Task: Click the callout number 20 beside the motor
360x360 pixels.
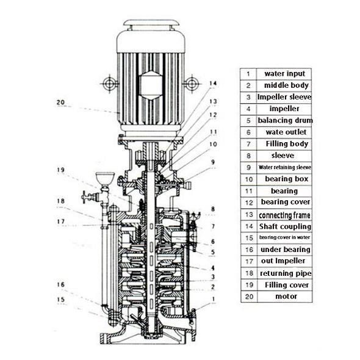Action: (61, 102)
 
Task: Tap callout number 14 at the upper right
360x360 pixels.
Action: (213, 84)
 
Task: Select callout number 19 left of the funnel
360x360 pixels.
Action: (61, 170)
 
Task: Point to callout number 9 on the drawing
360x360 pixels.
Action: (213, 162)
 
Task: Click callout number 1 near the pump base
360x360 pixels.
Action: (214, 299)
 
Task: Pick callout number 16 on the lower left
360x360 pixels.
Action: (61, 285)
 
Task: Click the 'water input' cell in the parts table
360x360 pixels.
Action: (285, 74)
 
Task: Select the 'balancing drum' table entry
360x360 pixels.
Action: (285, 121)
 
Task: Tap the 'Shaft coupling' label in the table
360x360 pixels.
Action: (285, 226)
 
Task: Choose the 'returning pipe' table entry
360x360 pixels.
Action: (286, 273)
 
